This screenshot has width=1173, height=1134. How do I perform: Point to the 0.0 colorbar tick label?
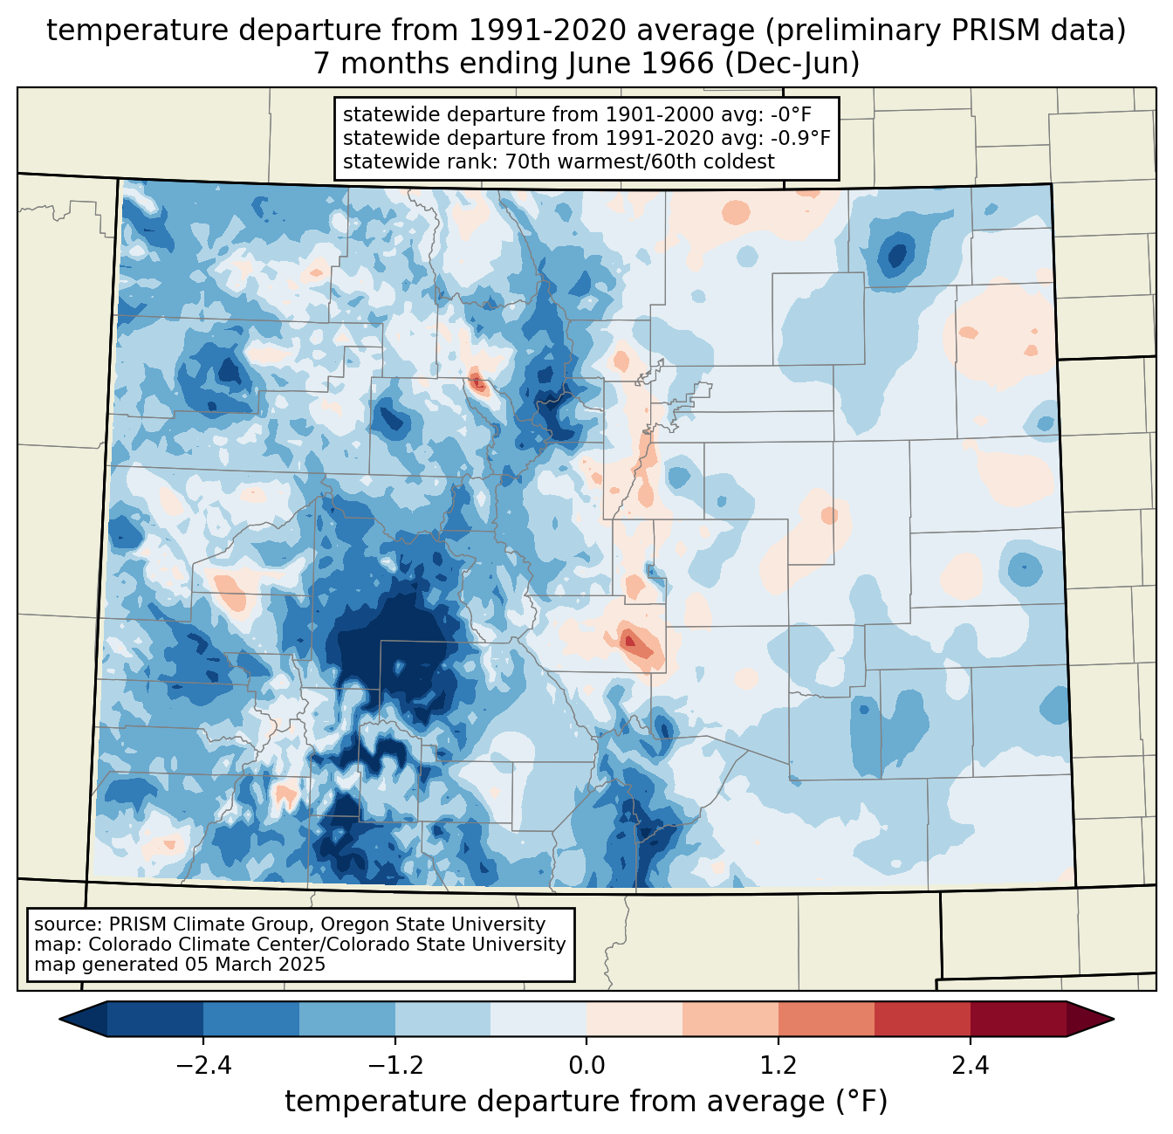(586, 1066)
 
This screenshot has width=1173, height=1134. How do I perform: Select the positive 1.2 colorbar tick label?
(779, 1066)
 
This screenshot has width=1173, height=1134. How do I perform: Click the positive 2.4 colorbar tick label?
(971, 1066)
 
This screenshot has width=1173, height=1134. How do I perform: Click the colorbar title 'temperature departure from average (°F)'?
(586, 1102)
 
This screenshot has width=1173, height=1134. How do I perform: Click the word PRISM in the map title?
(1015, 31)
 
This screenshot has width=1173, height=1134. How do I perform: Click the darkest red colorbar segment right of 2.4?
(1018, 1019)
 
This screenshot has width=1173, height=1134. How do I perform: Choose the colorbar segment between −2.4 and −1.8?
(251, 1019)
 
